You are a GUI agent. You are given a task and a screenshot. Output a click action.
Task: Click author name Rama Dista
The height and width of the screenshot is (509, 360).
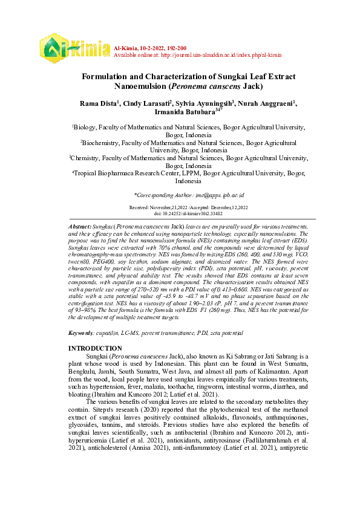(x=99, y=105)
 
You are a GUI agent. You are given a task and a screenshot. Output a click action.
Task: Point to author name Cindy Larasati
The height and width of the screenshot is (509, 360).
(x=147, y=105)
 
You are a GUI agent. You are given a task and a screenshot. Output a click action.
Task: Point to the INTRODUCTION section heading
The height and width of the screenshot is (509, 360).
(x=103, y=349)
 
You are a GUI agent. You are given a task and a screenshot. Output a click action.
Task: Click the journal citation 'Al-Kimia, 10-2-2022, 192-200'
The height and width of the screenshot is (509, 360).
(x=149, y=47)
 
